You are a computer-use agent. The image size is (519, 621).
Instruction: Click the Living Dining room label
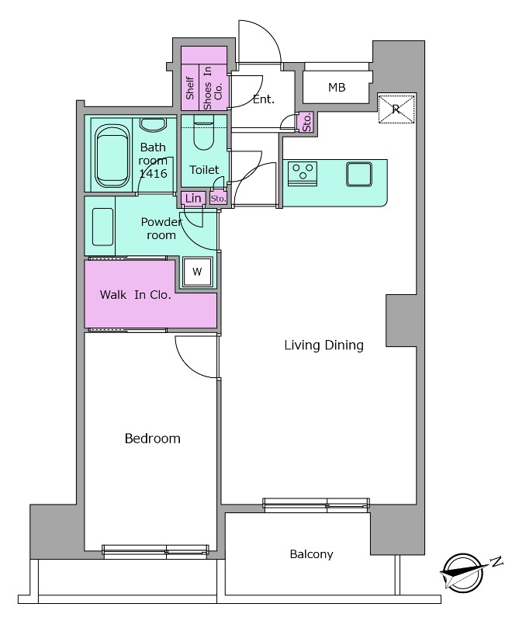tap(324, 345)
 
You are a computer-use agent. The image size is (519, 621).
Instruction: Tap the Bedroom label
tap(152, 439)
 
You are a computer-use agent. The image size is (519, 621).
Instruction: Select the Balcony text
tap(311, 554)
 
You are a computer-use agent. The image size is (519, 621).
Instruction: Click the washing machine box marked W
tap(197, 272)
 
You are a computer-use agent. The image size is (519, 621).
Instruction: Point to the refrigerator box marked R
tap(396, 109)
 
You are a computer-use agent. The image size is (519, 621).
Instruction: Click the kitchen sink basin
tap(359, 174)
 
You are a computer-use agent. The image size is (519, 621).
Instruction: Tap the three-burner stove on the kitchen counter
tap(303, 174)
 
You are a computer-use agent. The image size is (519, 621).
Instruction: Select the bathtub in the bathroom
tap(112, 157)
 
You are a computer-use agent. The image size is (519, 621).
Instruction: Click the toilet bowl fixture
tap(204, 134)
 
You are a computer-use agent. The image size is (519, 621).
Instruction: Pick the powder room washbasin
tap(102, 227)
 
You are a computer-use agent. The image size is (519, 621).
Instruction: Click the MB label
tap(337, 87)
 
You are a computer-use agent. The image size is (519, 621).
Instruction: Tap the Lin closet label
tap(193, 198)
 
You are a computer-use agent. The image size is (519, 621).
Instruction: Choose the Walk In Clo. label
tap(136, 295)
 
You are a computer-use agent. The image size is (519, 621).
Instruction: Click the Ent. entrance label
tap(264, 99)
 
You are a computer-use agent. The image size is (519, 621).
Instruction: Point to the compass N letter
tap(496, 561)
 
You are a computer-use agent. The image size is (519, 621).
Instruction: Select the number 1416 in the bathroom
tap(153, 173)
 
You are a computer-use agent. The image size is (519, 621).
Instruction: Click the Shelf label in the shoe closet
tap(190, 88)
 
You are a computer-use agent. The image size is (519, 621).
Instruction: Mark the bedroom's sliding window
tap(156, 551)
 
